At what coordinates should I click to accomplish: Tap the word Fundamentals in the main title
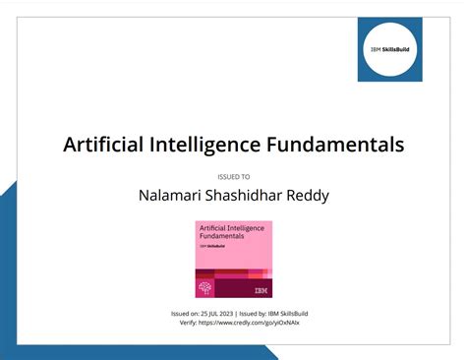click(335, 145)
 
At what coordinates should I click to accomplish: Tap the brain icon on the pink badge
click(205, 288)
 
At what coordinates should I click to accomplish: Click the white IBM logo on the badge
click(261, 290)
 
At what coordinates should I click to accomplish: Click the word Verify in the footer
click(182, 322)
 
